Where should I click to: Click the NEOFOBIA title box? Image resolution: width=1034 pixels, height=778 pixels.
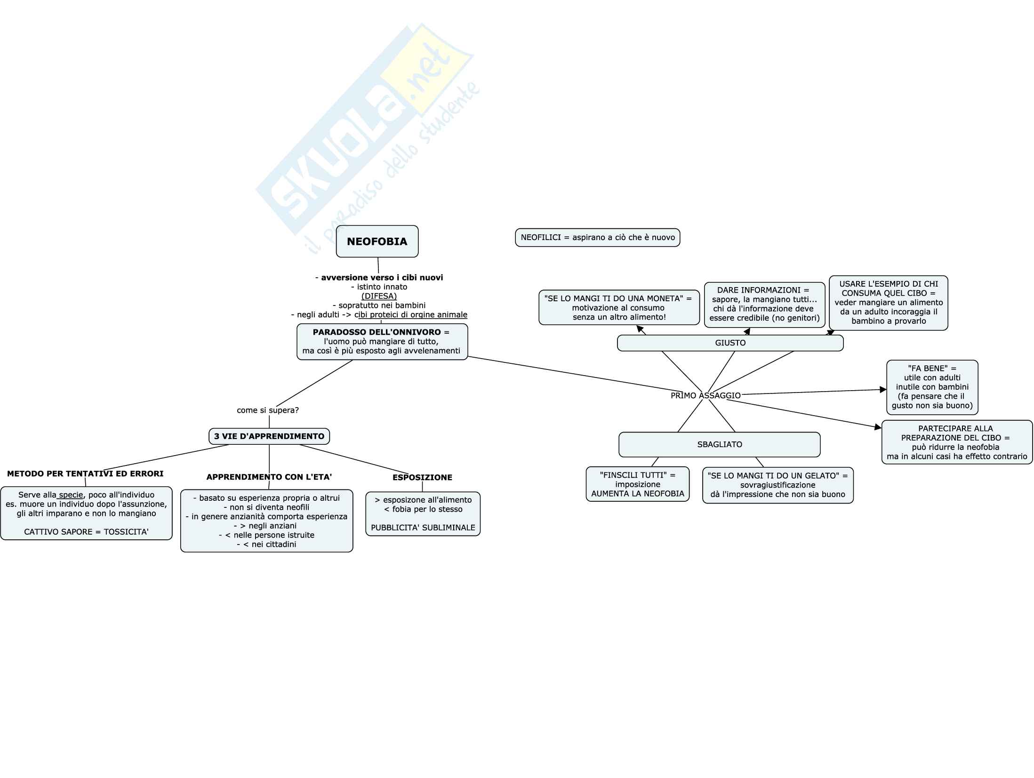377,241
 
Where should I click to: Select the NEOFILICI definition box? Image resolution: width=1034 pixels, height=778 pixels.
597,238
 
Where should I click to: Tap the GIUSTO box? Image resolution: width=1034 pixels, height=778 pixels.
730,343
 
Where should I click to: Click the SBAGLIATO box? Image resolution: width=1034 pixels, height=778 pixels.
719,444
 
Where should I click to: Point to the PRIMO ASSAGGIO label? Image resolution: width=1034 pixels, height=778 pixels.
705,395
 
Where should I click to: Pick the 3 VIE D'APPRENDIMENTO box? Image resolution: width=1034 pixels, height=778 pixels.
269,436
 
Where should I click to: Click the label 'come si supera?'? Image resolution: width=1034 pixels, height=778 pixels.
268,410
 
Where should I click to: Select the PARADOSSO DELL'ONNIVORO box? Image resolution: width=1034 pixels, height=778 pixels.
382,342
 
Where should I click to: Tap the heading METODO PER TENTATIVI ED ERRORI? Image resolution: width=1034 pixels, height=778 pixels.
85,473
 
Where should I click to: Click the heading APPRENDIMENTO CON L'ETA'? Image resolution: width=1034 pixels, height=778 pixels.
269,477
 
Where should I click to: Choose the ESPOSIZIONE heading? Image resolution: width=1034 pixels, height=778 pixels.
422,477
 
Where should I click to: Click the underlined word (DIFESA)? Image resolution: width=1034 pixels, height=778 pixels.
379,296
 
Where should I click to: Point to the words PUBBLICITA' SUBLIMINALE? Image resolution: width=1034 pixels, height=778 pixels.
423,528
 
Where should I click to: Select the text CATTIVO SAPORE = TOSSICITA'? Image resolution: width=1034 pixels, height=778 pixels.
86,532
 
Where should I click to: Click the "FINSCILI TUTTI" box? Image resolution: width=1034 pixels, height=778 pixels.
637,484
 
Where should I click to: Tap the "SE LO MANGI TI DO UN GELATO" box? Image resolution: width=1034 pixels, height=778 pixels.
778,485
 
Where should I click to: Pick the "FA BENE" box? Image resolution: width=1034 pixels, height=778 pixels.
932,387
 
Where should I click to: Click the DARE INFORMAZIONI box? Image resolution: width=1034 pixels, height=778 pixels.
764,305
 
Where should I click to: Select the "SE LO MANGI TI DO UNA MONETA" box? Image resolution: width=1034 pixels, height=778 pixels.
619,307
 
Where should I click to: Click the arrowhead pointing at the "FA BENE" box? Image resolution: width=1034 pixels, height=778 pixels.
883,390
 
